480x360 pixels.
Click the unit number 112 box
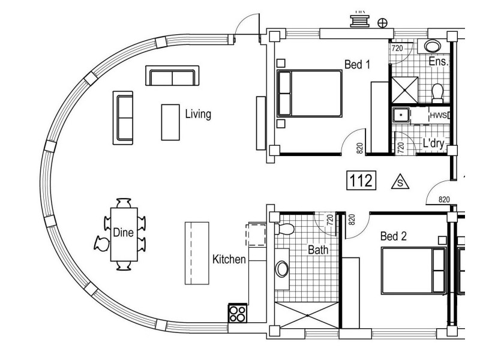click(362, 180)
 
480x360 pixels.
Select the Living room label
click(197, 114)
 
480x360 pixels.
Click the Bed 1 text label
click(357, 64)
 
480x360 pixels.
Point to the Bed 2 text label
click(394, 236)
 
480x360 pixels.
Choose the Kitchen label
click(229, 259)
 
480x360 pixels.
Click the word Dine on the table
click(123, 233)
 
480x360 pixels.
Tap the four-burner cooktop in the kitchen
click(237, 314)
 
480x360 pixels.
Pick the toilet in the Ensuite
click(437, 92)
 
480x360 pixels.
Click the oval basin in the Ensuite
click(431, 46)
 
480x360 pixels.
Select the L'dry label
click(433, 143)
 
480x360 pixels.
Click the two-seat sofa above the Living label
click(171, 77)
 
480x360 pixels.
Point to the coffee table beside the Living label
click(170, 122)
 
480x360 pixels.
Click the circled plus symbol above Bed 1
click(382, 23)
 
